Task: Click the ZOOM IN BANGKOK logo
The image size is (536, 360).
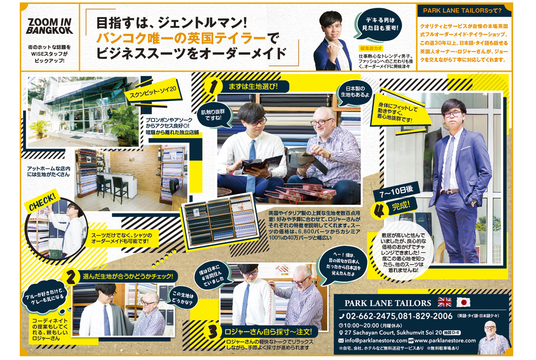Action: pyautogui.click(x=50, y=26)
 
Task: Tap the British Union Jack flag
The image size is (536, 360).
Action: pyautogui.click(x=444, y=302)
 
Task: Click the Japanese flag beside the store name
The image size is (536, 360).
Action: pyautogui.click(x=463, y=302)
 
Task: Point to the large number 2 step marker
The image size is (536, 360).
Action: pyautogui.click(x=71, y=277)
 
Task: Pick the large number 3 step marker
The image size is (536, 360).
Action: pyautogui.click(x=212, y=331)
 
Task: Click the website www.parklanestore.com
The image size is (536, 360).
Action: pyautogui.click(x=445, y=341)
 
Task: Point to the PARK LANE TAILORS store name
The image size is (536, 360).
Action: pyautogui.click(x=388, y=303)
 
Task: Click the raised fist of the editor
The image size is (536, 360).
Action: pyautogui.click(x=332, y=52)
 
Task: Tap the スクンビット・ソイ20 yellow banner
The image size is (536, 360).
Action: pyautogui.click(x=153, y=91)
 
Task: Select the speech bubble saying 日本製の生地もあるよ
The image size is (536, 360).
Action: pyautogui.click(x=355, y=92)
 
